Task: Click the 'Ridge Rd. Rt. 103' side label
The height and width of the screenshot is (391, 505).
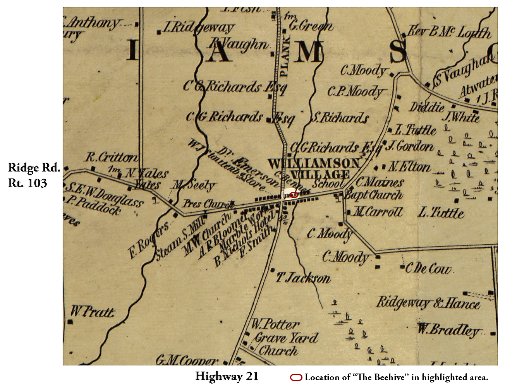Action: coord(34,175)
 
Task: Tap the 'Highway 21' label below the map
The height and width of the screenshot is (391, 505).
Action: coord(227,376)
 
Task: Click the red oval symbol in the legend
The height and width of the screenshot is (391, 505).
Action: coord(296,377)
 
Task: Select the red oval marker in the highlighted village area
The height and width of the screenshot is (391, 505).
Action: coord(294,195)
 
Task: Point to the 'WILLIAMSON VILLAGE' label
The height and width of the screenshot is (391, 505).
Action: coord(314,169)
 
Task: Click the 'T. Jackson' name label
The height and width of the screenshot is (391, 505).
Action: coord(303,278)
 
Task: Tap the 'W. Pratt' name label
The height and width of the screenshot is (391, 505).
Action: coord(93,312)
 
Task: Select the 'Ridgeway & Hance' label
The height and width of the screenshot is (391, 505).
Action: coord(428,303)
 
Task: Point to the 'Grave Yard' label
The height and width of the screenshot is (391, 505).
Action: coord(286,338)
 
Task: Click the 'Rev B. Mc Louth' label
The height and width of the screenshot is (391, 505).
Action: coord(449,32)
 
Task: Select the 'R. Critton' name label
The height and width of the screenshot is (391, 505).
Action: coord(111,157)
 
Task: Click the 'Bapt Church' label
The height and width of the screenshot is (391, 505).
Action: coord(373,195)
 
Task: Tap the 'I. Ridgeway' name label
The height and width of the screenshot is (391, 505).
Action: coord(198,27)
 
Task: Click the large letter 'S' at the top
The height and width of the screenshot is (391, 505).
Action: coord(398,51)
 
